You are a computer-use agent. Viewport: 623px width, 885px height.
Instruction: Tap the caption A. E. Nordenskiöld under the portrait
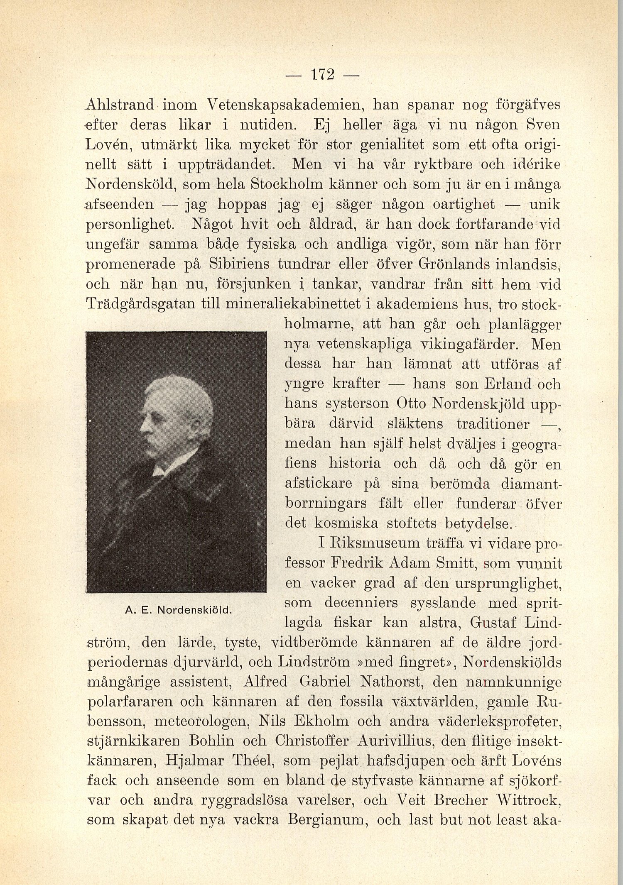(x=177, y=610)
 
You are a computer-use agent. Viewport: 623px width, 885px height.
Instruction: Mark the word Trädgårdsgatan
(x=140, y=304)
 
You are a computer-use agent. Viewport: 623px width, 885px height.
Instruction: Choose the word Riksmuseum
(x=373, y=543)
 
